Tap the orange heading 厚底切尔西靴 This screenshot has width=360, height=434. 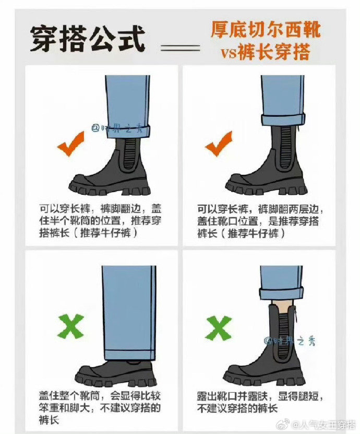(x=266, y=29)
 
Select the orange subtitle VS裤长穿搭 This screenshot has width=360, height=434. (x=265, y=52)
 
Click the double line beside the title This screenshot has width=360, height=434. (x=181, y=48)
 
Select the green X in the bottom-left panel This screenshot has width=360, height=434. (x=71, y=326)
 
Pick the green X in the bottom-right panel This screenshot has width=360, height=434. (x=219, y=329)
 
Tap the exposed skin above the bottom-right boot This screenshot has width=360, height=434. (x=281, y=306)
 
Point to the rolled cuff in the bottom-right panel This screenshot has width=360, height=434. (x=281, y=294)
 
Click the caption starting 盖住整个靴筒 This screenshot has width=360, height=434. (x=100, y=408)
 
